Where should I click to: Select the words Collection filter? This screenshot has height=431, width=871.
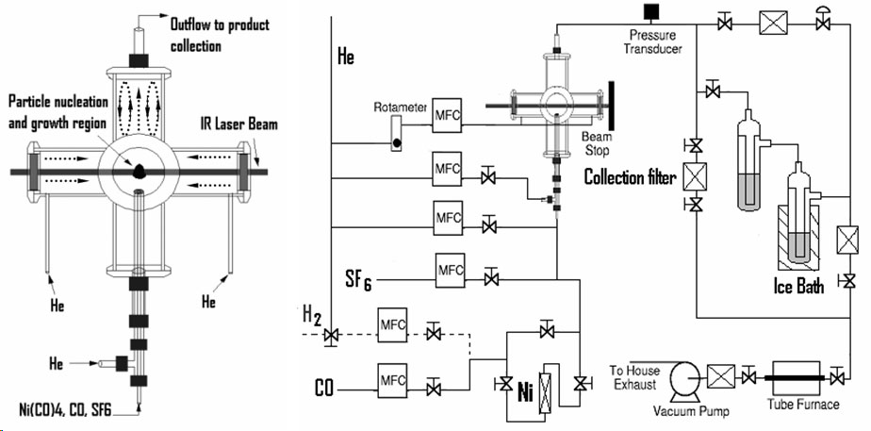[x=630, y=176]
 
